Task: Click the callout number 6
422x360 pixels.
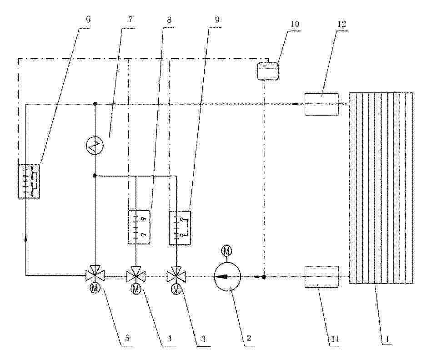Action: pos(88,20)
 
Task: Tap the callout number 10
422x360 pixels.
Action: pos(295,24)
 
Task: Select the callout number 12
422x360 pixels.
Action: pos(342,24)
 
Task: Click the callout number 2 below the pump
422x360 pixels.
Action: pos(249,338)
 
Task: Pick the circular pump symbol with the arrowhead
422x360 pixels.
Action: pos(227,277)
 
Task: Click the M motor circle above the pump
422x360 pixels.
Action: pos(226,251)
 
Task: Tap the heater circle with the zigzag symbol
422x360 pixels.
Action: pos(95,146)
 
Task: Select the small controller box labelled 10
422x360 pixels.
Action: pos(267,71)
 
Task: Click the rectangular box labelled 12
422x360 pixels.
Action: pos(322,104)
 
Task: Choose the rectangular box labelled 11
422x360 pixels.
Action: pos(322,277)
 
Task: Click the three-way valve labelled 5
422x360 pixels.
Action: pos(95,274)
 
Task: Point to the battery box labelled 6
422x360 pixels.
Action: pos(29,181)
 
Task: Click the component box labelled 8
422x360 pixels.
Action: pos(140,227)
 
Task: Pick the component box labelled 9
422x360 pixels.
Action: pos(180,228)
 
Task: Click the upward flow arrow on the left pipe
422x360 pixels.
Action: pos(26,237)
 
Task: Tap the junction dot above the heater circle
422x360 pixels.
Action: pos(95,104)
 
